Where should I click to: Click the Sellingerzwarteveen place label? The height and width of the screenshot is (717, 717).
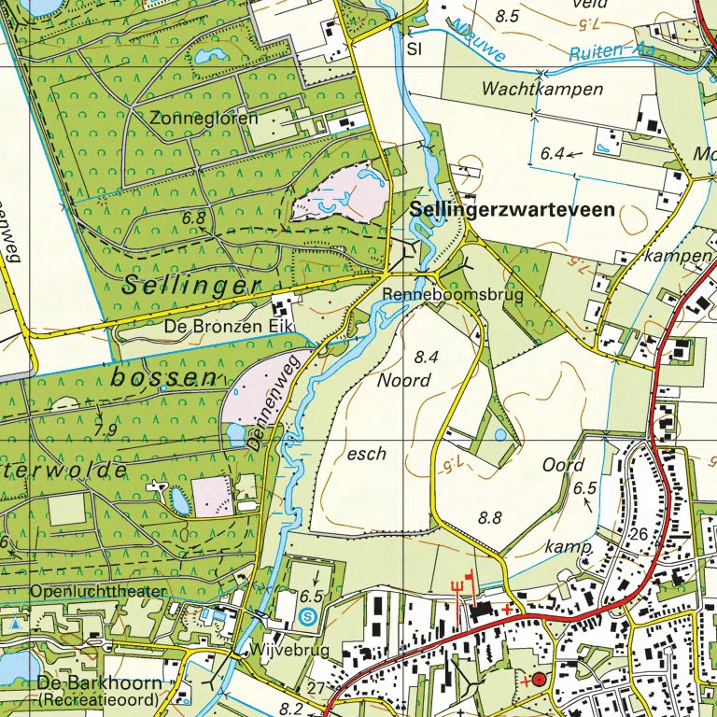(x=513, y=211)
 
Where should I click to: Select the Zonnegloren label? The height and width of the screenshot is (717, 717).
(x=194, y=118)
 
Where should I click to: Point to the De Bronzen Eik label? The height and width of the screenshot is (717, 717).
(x=229, y=326)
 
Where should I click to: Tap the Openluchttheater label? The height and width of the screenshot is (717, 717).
(x=98, y=591)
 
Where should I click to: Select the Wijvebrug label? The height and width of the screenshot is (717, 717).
(x=279, y=649)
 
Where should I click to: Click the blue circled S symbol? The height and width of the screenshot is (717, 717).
(x=309, y=615)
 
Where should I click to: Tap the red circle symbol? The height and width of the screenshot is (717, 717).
(x=539, y=680)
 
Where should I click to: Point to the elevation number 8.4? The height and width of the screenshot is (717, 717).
(x=426, y=357)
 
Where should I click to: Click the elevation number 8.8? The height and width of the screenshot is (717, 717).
(x=490, y=516)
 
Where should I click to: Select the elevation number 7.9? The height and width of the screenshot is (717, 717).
(x=106, y=429)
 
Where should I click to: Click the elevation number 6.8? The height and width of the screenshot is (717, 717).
(x=193, y=218)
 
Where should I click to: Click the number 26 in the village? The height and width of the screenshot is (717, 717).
(x=639, y=533)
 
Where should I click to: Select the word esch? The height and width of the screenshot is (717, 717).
(x=366, y=454)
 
